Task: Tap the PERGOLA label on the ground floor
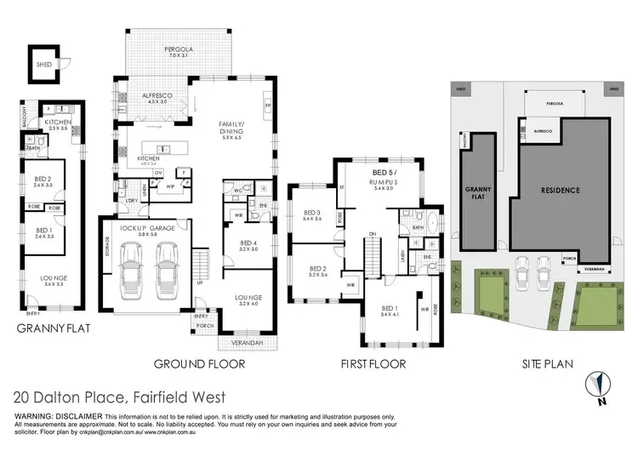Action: [179, 49]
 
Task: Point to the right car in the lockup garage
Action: [167, 267]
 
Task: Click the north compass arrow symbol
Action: [601, 383]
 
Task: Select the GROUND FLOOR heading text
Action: [199, 364]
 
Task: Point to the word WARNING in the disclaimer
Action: [31, 415]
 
